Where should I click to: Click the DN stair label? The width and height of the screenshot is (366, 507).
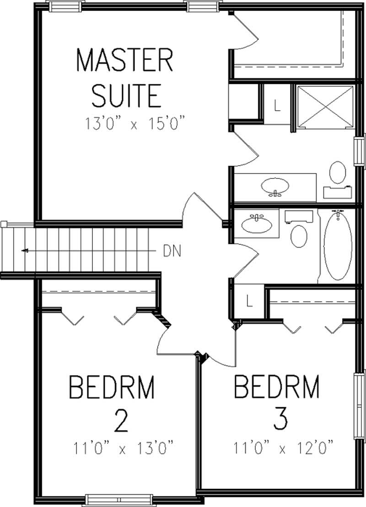coord(172,251)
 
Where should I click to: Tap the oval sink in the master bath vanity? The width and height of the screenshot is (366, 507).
coord(275,186)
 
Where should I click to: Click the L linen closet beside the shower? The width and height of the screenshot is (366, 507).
coord(277,106)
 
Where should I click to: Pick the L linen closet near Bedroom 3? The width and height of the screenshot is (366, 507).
coord(249,301)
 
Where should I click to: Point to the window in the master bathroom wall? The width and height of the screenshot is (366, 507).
coord(361,151)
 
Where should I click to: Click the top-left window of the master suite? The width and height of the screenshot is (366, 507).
coord(66,6)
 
